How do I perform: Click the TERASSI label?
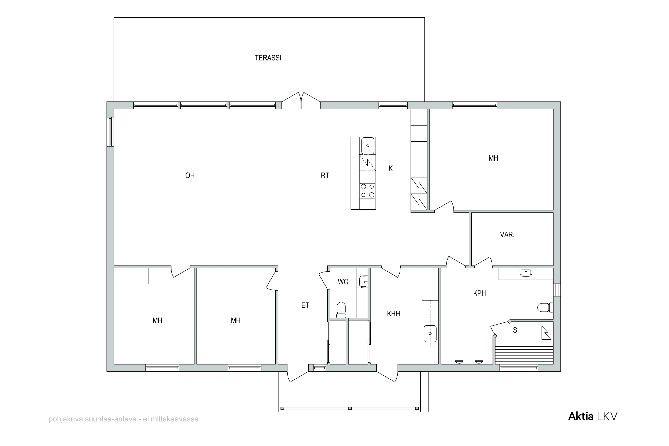pyautogui.click(x=268, y=58)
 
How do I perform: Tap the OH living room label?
pyautogui.click(x=190, y=176)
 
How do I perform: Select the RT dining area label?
pyautogui.click(x=325, y=176)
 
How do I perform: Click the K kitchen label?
pyautogui.click(x=390, y=168)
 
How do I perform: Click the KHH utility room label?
pyautogui.click(x=393, y=314)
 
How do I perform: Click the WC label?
pyautogui.click(x=343, y=282)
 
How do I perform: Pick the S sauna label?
pyautogui.click(x=515, y=330)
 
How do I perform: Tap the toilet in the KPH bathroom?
pyautogui.click(x=545, y=308)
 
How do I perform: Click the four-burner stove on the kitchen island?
pyautogui.click(x=368, y=191)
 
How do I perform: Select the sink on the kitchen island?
pyautogui.click(x=368, y=146)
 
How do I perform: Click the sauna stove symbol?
pyautogui.click(x=546, y=333)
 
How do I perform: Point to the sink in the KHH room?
pyautogui.click(x=430, y=334)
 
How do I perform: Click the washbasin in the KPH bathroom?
pyautogui.click(x=526, y=272)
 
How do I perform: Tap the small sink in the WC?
pyautogui.click(x=363, y=282)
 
